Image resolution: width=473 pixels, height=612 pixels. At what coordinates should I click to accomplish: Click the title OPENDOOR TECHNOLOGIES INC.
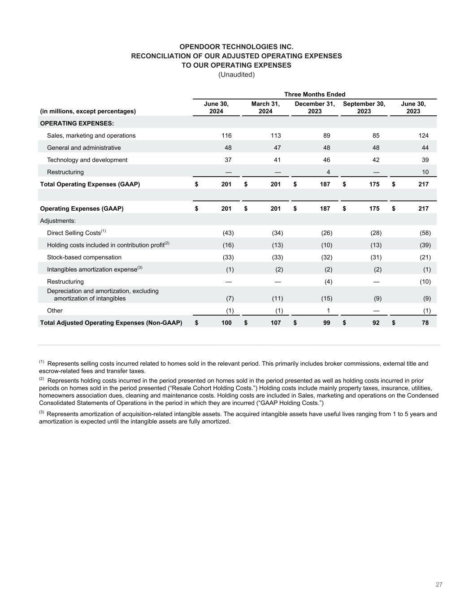point(236,47)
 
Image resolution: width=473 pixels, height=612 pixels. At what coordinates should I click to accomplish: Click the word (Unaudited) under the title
point(236,74)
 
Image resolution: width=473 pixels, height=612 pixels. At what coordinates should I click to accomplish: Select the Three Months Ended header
point(315,94)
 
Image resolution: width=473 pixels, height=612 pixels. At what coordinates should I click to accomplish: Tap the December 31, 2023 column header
point(315,107)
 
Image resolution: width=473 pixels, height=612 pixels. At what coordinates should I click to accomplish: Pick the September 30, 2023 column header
point(364,107)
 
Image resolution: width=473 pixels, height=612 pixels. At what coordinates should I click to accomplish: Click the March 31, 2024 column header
point(265,107)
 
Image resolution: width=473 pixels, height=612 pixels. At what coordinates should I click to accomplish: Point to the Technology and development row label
point(87,160)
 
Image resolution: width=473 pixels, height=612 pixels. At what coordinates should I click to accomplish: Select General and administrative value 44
point(425,148)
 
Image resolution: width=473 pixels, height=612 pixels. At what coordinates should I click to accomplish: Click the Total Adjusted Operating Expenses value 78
point(425,323)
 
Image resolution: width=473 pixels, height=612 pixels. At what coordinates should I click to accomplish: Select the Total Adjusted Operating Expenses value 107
point(275,323)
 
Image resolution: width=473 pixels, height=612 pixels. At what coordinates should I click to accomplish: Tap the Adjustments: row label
point(58,221)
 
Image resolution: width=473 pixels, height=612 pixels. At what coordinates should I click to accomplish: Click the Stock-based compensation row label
point(84,257)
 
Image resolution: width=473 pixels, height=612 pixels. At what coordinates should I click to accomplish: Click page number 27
point(439,585)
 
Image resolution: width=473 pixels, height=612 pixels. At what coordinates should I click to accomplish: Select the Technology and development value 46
point(326,160)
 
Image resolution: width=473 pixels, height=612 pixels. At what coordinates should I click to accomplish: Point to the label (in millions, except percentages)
point(88,111)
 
